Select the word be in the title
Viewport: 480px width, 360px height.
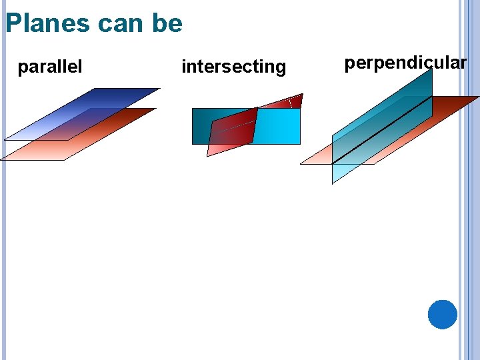pos(167,23)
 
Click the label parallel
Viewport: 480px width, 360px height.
pos(50,67)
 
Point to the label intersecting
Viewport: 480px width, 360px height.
pos(233,67)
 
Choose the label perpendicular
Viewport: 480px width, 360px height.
pos(405,63)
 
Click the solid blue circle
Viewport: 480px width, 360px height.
pos(443,314)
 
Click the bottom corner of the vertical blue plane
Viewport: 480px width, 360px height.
pos(333,183)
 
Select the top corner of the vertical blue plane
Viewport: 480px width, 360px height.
pos(431,68)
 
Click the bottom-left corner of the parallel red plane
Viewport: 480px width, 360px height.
pos(1,160)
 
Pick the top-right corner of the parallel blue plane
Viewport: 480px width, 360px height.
pos(160,88)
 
